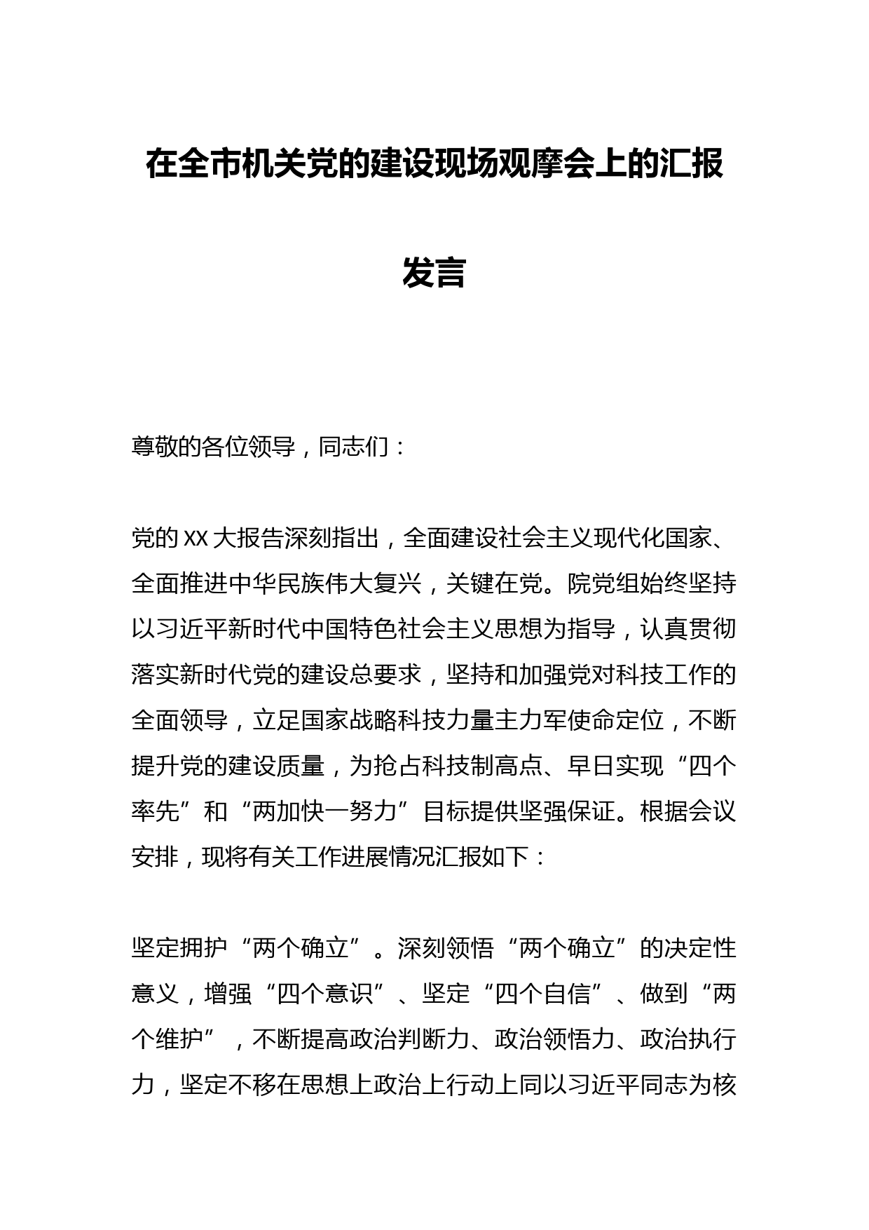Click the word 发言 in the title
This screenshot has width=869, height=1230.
(x=434, y=273)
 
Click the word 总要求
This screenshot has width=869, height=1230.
(x=385, y=675)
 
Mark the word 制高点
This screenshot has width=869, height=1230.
(x=507, y=766)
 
